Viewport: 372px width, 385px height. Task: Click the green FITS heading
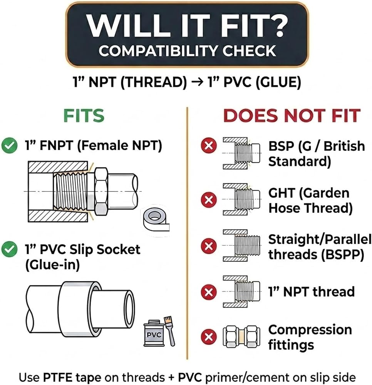[84, 115]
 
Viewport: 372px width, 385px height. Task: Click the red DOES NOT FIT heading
[292, 115]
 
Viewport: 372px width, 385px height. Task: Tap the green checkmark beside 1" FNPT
[9, 146]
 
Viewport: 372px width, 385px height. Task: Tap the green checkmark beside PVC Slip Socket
[9, 249]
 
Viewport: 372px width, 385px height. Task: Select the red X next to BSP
[209, 146]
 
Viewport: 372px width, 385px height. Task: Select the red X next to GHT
[209, 199]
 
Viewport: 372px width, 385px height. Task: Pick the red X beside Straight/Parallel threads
[209, 246]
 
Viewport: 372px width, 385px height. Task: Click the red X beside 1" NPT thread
[209, 292]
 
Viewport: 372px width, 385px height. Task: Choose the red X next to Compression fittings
[209, 336]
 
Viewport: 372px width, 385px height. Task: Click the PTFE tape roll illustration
[156, 220]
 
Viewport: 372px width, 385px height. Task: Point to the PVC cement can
[154, 333]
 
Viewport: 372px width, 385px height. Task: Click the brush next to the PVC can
[170, 331]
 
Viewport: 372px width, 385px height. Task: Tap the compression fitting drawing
[241, 336]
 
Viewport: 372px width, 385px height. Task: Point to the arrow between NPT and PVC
[198, 82]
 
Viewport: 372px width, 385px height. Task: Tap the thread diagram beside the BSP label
[241, 153]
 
